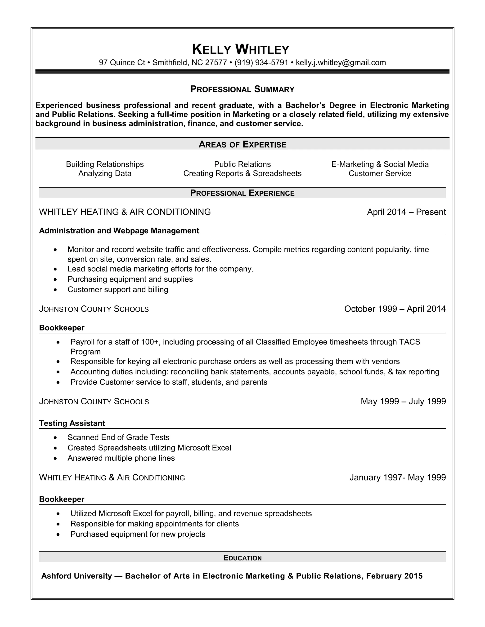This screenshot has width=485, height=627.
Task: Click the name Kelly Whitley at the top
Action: tap(241, 49)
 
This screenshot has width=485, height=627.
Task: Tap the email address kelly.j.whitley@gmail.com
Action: tap(341, 63)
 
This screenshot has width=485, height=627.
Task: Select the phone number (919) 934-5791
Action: tap(261, 63)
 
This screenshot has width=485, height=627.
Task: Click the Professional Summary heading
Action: tap(242, 89)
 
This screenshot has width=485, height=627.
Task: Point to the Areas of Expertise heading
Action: tap(242, 144)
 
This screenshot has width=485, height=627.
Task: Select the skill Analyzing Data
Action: tap(105, 173)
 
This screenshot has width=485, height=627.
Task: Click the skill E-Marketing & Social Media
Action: tap(380, 164)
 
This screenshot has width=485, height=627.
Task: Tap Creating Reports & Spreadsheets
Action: tap(242, 173)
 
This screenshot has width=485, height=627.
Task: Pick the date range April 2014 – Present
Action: tap(406, 212)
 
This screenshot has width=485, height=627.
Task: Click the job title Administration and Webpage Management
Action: tap(119, 230)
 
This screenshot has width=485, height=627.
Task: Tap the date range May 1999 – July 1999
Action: tap(403, 401)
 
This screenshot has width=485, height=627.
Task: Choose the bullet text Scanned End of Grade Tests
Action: tap(118, 437)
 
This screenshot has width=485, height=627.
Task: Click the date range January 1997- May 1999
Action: tap(397, 477)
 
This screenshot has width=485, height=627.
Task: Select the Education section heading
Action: tap(242, 558)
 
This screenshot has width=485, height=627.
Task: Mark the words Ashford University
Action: tap(76, 576)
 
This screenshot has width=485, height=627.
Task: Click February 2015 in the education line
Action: tap(394, 576)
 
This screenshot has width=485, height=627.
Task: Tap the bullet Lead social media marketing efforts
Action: tap(160, 269)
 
